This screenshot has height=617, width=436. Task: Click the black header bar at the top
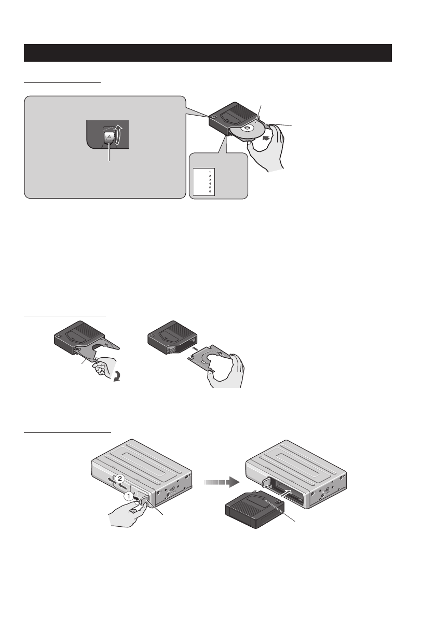[208, 52]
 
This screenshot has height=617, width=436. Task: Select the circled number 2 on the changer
[119, 476]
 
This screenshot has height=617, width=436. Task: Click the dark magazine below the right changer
[254, 511]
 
